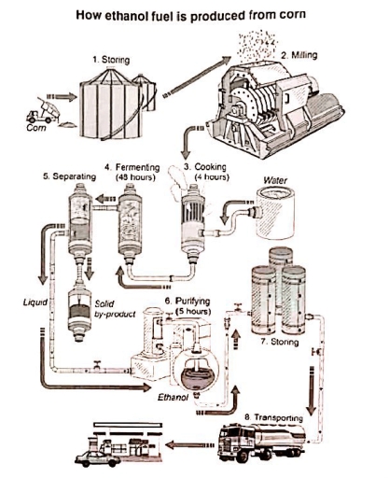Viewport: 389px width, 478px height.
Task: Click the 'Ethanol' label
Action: tap(174, 397)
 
